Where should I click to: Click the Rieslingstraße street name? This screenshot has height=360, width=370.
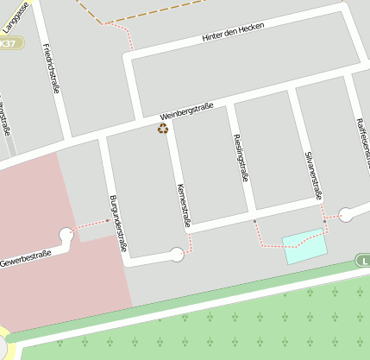click(241, 157)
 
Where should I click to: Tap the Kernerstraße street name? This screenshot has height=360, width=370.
click(183, 206)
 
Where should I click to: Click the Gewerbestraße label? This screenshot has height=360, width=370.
click(26, 257)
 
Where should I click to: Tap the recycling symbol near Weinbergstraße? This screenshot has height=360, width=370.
click(163, 129)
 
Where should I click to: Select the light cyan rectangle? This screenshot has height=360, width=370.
click(305, 246)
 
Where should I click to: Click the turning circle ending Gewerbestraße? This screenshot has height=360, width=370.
click(66, 234)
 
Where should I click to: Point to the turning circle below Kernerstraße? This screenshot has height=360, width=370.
click(177, 254)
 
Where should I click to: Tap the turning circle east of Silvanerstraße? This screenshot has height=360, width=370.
click(346, 215)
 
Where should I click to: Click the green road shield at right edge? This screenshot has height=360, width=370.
click(363, 261)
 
